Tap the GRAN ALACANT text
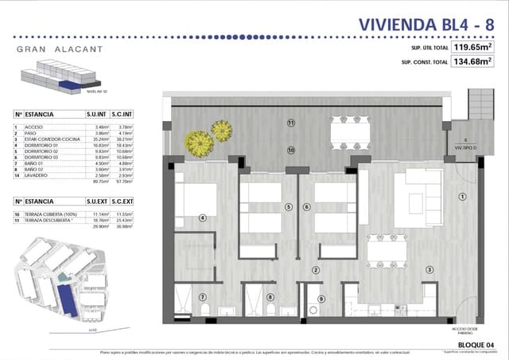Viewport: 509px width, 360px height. (58, 49)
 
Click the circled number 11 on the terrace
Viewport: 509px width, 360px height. (291, 123)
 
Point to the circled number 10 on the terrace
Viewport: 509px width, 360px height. (291, 149)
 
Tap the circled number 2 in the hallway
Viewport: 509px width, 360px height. (316, 270)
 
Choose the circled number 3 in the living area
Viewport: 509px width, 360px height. (429, 270)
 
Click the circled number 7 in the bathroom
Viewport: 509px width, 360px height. (201, 297)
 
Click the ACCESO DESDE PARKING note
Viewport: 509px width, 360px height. (467, 327)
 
